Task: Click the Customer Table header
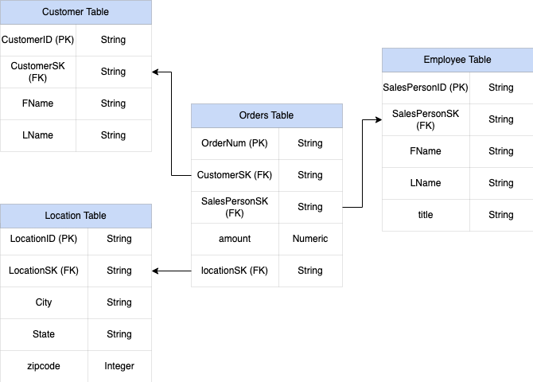click(76, 12)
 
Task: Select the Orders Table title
click(266, 115)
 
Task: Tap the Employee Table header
click(457, 60)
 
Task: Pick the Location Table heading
click(76, 216)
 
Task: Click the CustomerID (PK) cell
click(38, 40)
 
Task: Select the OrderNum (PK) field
click(235, 143)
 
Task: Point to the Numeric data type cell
click(310, 239)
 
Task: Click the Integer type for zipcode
click(119, 366)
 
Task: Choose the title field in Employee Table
click(426, 215)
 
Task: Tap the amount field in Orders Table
click(235, 239)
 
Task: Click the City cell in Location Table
click(44, 302)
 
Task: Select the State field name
click(44, 334)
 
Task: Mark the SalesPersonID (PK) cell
click(426, 88)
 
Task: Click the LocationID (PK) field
click(44, 239)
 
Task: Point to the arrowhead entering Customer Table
click(156, 72)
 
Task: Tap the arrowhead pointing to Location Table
click(156, 271)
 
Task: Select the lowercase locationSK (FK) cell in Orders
click(235, 271)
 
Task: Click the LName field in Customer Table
click(38, 135)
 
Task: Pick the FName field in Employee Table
click(426, 151)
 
